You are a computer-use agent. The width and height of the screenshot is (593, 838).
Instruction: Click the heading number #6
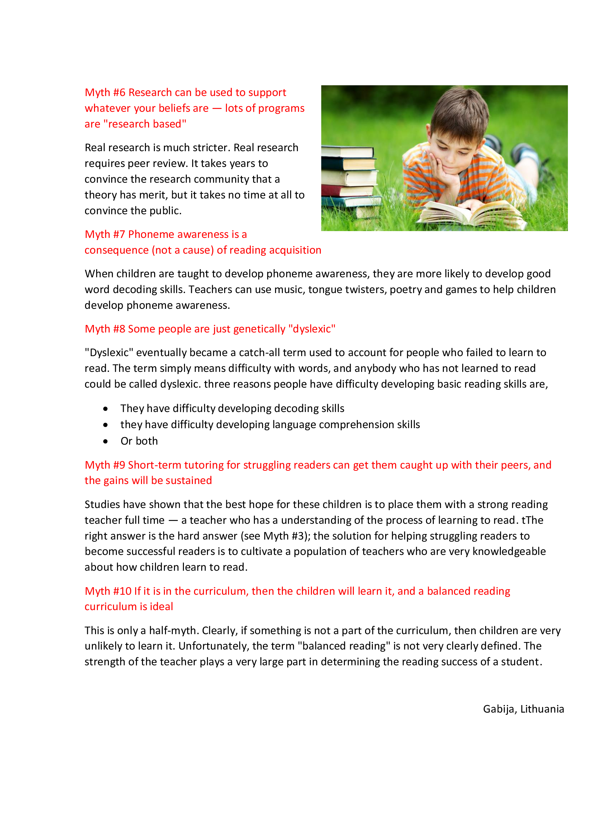tap(119, 93)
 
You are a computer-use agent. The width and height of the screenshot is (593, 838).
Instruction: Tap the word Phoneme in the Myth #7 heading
tap(150, 234)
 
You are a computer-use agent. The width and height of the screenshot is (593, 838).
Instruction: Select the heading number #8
tap(119, 329)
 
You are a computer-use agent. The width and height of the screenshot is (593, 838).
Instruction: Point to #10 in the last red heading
tap(122, 591)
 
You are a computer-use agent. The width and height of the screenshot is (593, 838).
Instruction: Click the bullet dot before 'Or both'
tap(105, 442)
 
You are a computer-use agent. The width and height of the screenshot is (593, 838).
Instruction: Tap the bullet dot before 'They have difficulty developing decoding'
tap(105, 409)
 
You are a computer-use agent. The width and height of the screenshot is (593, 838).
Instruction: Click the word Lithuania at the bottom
tap(542, 709)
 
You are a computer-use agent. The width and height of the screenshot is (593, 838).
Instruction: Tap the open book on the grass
tap(471, 215)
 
